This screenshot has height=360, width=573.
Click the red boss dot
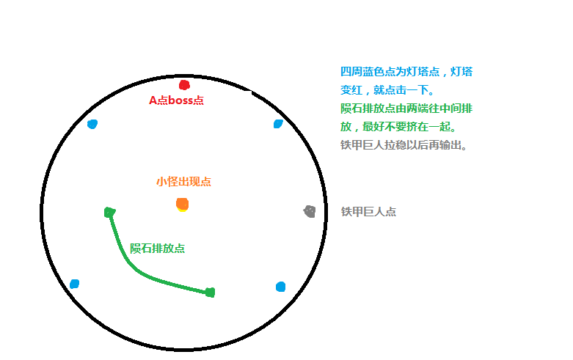pyautogui.click(x=184, y=85)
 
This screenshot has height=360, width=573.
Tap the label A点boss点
pyautogui.click(x=176, y=100)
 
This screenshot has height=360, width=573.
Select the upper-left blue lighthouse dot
pyautogui.click(x=92, y=124)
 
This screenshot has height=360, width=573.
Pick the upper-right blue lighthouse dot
pyautogui.click(x=278, y=124)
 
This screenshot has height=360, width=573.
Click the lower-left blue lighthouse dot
pyautogui.click(x=75, y=284)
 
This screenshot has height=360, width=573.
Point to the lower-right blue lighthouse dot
pyautogui.click(x=280, y=287)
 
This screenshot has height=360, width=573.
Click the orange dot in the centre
pyautogui.click(x=182, y=204)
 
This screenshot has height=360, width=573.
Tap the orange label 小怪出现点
pyautogui.click(x=184, y=181)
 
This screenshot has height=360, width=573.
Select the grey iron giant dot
pyautogui.click(x=310, y=211)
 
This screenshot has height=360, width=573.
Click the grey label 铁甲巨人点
pyautogui.click(x=368, y=211)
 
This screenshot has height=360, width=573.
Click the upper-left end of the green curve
pyautogui.click(x=109, y=212)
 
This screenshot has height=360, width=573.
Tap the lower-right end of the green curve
pyautogui.click(x=210, y=292)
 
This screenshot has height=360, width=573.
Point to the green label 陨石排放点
pyautogui.click(x=158, y=249)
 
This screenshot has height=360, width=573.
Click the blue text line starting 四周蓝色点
pyautogui.click(x=406, y=72)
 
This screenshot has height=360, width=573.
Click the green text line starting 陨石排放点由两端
pyautogui.click(x=406, y=109)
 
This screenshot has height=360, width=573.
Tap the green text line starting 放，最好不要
pyautogui.click(x=398, y=127)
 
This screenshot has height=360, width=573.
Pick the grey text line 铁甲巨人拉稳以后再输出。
pyautogui.click(x=404, y=145)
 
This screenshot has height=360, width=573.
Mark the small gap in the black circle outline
pyautogui.click(x=248, y=90)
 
